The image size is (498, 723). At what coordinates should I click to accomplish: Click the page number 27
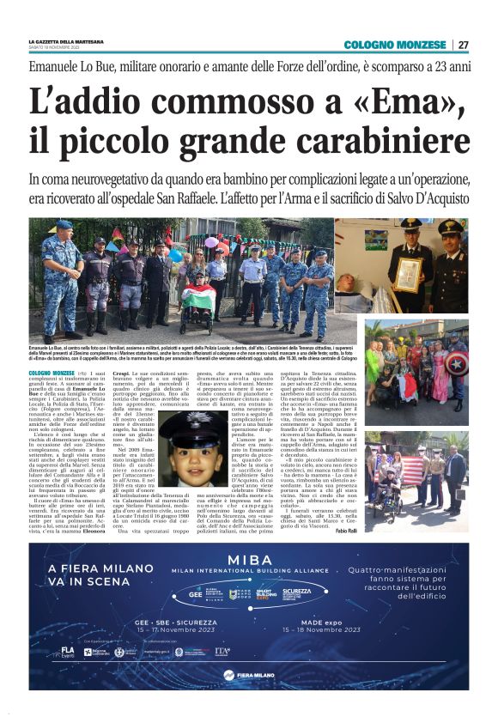463,45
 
